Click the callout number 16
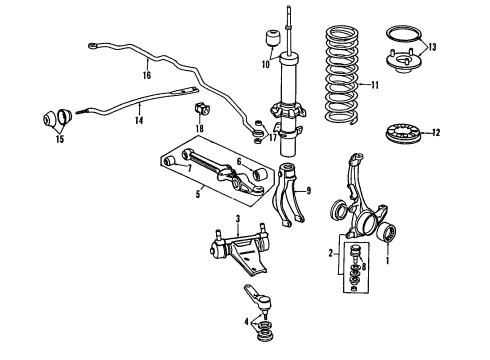point(146,74)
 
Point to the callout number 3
point(238,219)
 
